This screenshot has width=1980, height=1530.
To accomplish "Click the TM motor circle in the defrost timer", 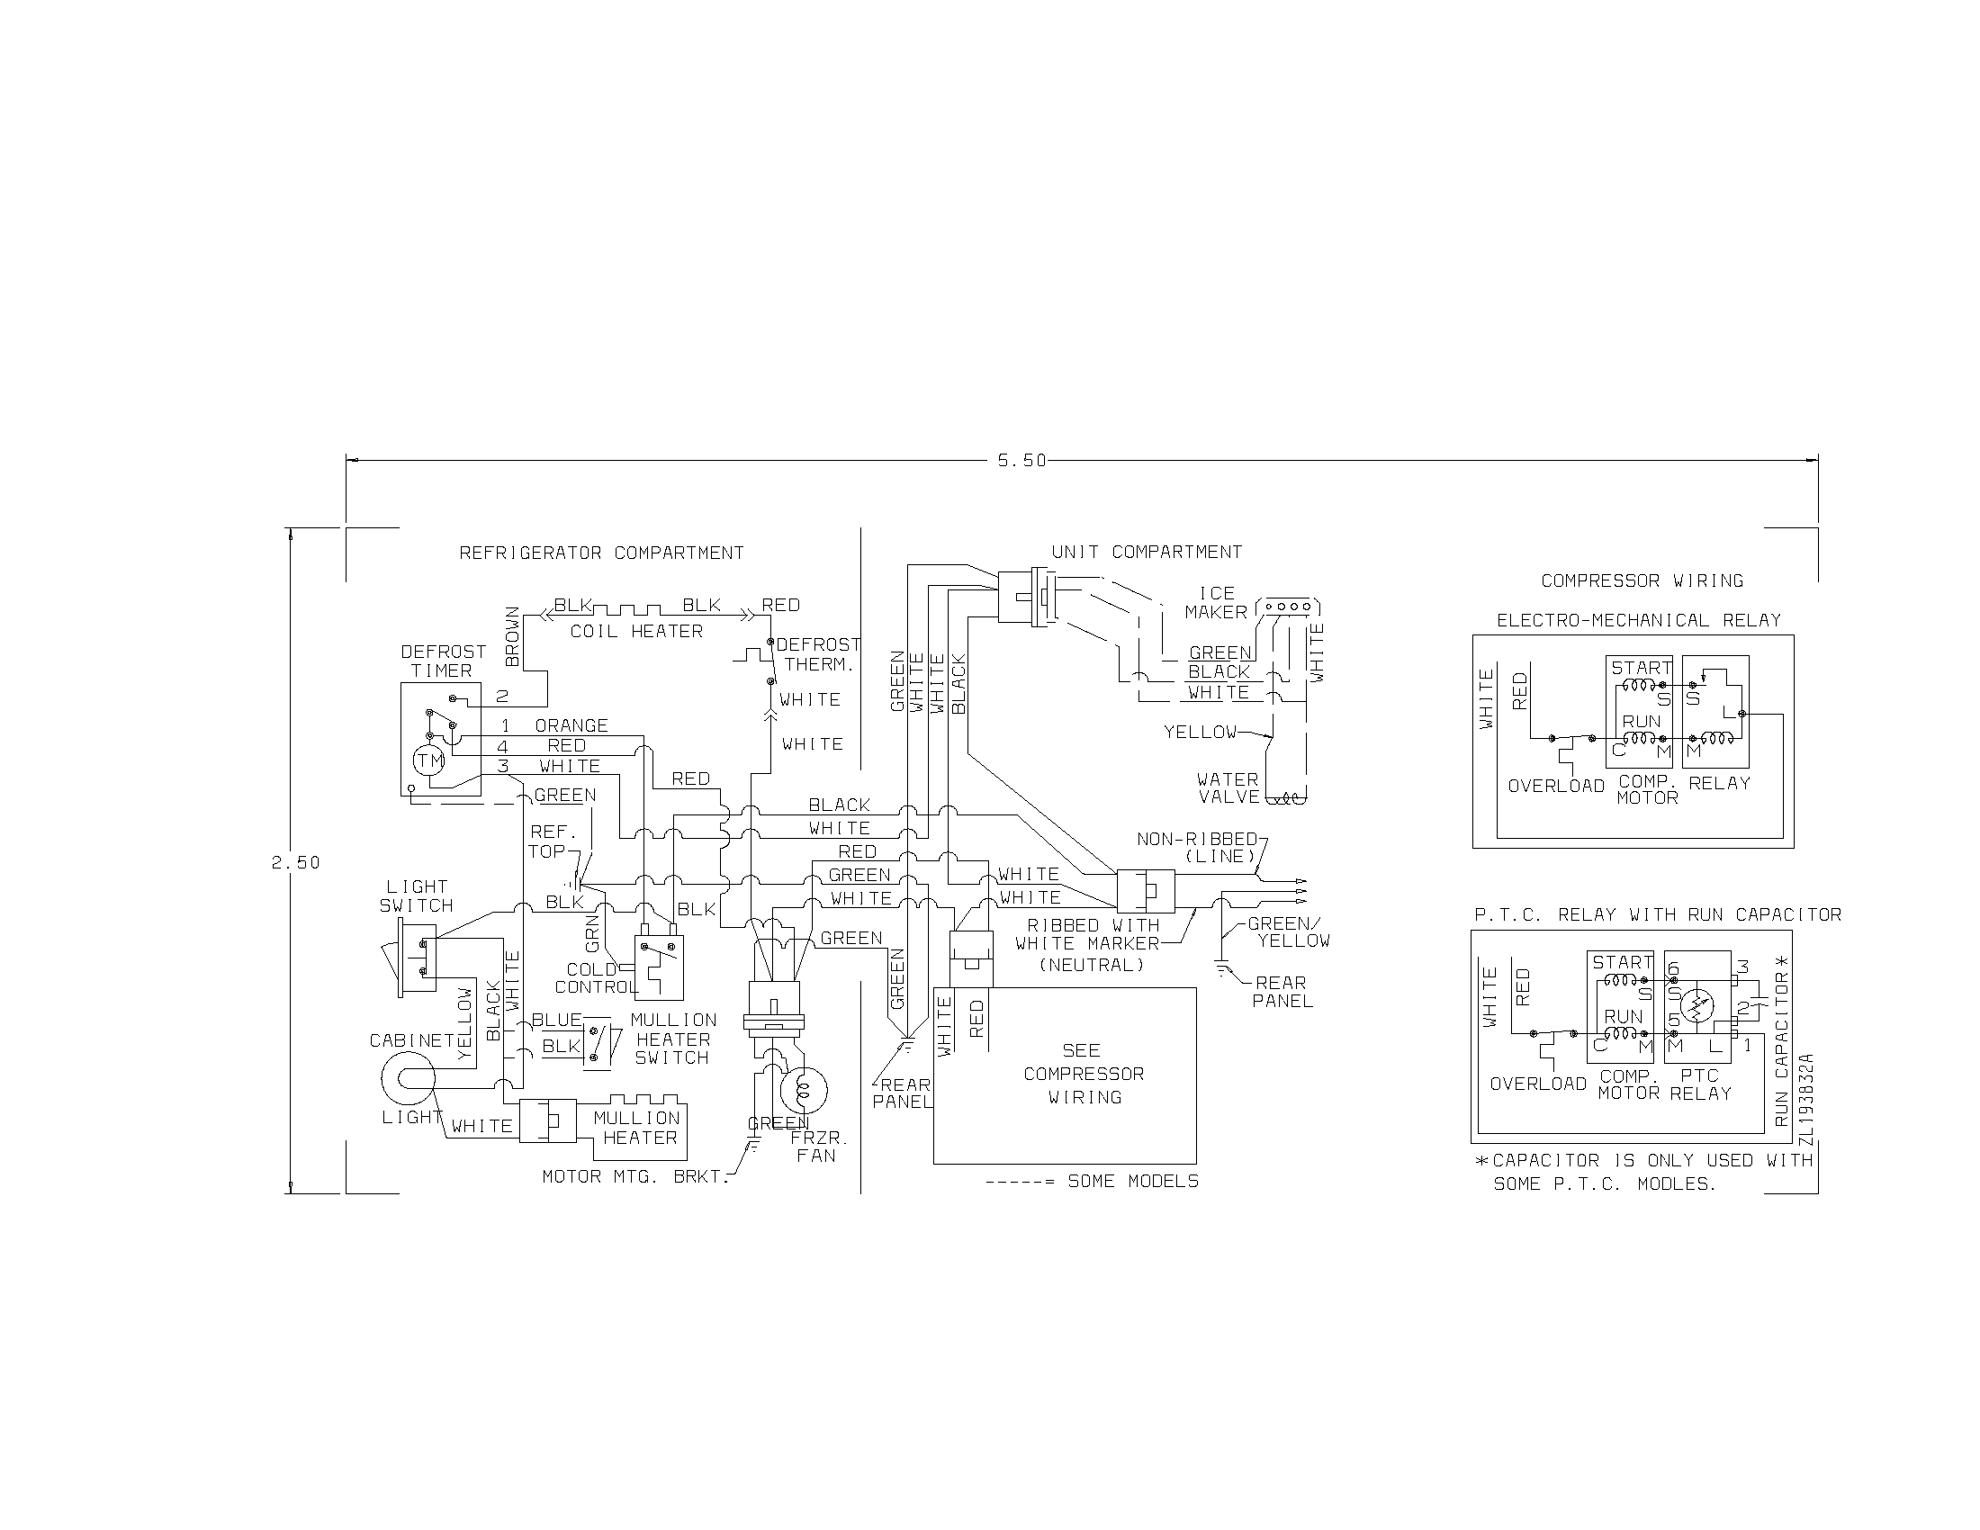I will coord(428,760).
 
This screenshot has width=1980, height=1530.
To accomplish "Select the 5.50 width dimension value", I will coord(1021,461).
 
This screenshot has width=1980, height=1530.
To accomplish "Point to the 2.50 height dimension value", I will coord(295,862).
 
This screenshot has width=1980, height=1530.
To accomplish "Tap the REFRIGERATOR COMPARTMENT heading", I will coord(601,553).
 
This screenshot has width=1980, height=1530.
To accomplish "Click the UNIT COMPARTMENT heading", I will coord(1146,552).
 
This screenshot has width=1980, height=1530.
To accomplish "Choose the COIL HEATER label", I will coord(635,631).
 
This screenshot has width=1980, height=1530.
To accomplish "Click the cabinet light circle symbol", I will coord(408,1078).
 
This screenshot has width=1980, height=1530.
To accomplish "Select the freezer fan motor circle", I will coord(803,1091).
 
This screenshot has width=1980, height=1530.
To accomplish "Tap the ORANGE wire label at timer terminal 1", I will coord(571,725).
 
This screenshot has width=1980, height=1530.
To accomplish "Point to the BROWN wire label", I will coord(512,636).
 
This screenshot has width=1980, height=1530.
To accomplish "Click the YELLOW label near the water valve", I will coord(1200,732).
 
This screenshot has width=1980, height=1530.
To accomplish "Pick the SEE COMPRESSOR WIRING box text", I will coord(1084,1074).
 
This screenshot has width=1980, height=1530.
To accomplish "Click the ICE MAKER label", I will coord(1216,603).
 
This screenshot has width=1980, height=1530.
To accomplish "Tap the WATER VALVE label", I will coord(1228,787).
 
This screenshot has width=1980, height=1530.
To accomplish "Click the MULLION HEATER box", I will coord(639,1129).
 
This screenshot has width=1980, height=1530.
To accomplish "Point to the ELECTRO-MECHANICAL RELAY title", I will coord(1638,620).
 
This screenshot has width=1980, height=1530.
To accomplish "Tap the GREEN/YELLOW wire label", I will coord(1288,931).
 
